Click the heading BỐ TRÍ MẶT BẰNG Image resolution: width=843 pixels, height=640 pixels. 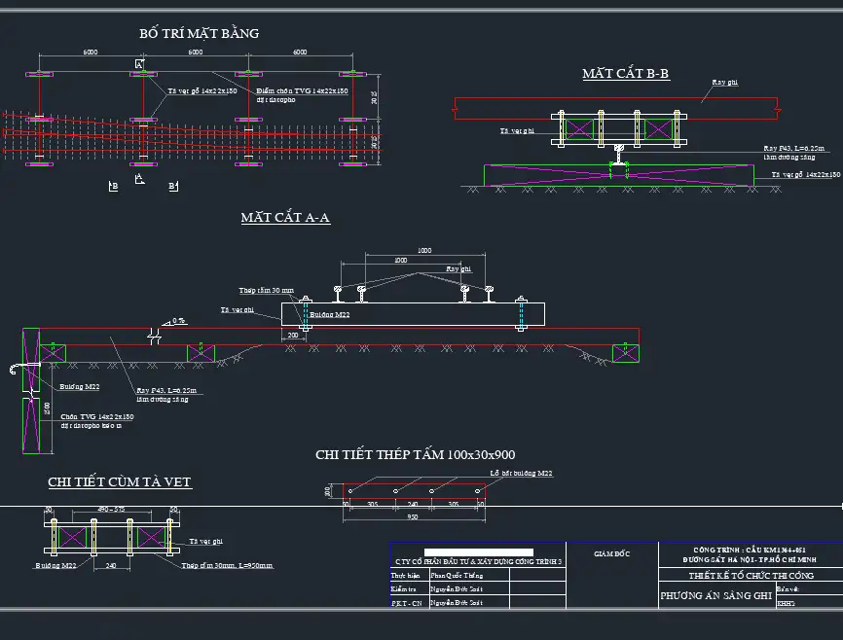[x=200, y=33]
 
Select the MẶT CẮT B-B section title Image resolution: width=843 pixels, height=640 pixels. [x=626, y=74]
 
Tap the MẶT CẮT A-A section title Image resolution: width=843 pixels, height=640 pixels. [x=285, y=218]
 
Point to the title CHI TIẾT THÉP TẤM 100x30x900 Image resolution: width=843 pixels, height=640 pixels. [x=415, y=454]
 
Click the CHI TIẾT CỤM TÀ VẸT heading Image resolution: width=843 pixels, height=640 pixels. [x=120, y=481]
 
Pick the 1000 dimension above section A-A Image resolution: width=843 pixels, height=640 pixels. [x=423, y=251]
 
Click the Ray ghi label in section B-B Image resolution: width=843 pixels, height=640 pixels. [x=725, y=83]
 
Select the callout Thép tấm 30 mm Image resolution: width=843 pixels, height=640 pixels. [x=266, y=290]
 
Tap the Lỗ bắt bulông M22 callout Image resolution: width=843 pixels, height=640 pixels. [x=521, y=473]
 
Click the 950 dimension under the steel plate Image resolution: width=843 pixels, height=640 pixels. [x=413, y=517]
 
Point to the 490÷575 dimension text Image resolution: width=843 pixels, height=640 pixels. [x=111, y=509]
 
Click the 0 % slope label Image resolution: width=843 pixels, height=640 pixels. [x=178, y=320]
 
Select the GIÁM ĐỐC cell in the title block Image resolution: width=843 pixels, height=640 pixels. [x=612, y=553]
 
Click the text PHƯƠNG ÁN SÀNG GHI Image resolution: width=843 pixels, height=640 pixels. [x=715, y=594]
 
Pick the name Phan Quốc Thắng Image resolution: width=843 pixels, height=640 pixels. [x=458, y=575]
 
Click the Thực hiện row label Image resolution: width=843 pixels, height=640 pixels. [x=406, y=575]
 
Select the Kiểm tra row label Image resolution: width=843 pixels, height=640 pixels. [x=404, y=589]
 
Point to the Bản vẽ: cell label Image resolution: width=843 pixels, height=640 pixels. [x=788, y=589]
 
